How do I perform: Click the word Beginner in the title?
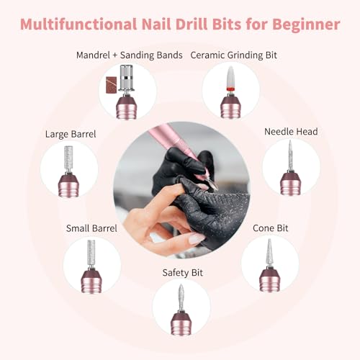306,25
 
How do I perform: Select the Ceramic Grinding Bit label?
233,55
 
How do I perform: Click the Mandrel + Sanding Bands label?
130,55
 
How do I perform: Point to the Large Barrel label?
71,134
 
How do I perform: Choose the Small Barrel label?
91,228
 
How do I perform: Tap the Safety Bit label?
182,273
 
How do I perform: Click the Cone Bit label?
270,228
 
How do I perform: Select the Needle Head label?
291,132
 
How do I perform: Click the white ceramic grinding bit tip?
230,76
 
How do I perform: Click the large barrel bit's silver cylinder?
68,158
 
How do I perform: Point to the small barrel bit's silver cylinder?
91,251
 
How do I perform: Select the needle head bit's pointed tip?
290,141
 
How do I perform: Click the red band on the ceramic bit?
230,89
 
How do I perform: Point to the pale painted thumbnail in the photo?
197,238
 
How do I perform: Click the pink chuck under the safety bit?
181,323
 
